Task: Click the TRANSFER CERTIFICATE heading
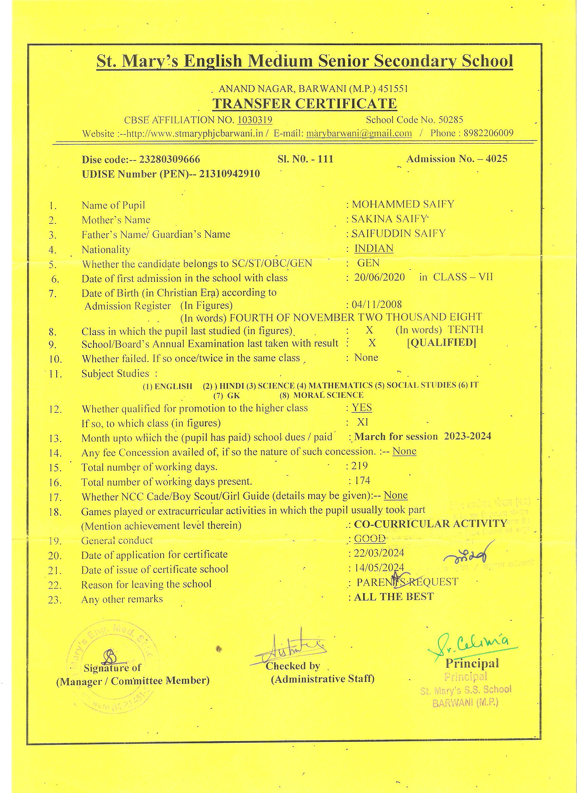[x=304, y=103]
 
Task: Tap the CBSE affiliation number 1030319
[x=255, y=120]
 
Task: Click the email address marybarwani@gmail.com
[x=359, y=133]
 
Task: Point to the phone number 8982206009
[x=488, y=133]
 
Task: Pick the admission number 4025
[x=497, y=159]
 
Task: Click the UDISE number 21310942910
[x=229, y=174]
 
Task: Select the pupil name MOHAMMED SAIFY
[x=403, y=204]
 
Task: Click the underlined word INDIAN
[x=374, y=248]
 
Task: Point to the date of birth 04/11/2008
[x=377, y=304]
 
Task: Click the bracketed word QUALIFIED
[x=441, y=342]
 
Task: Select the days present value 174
[x=362, y=480]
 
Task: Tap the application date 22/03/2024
[x=379, y=553]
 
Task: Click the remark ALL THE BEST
[x=394, y=596]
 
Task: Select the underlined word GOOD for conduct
[x=370, y=539]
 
